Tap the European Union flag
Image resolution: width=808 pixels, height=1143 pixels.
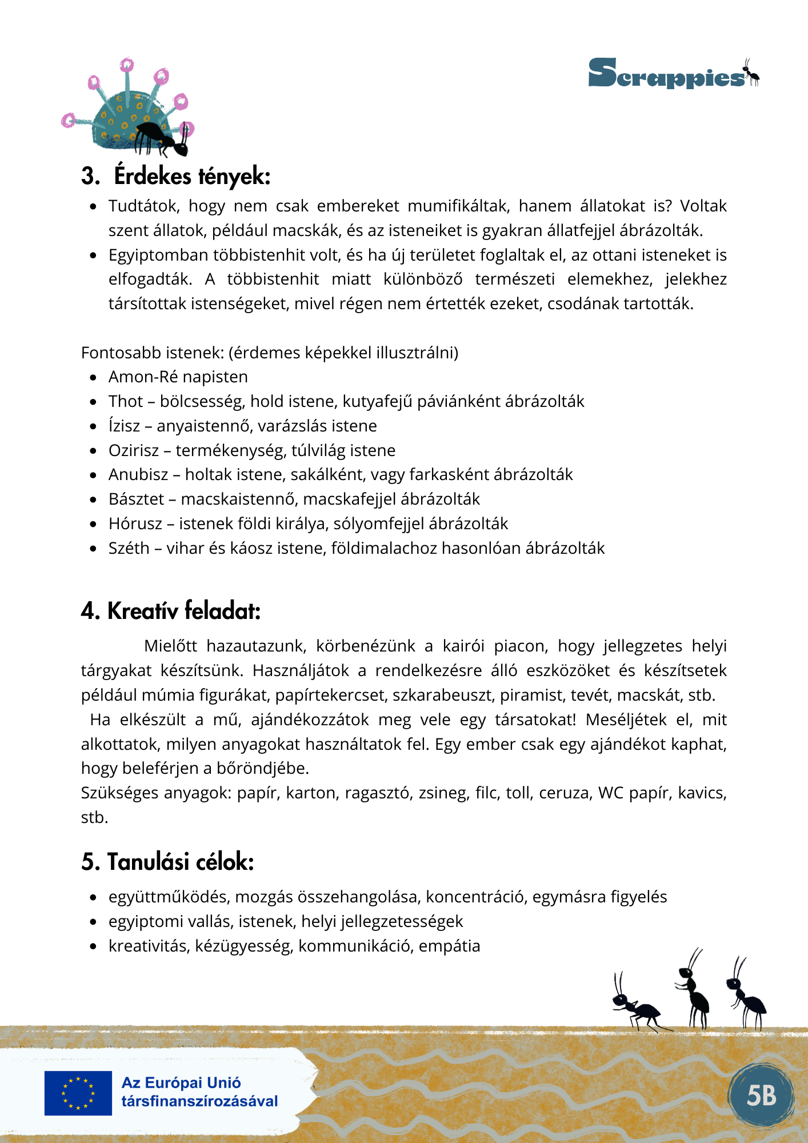click(x=78, y=1093)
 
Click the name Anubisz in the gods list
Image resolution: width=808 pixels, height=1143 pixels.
click(x=138, y=474)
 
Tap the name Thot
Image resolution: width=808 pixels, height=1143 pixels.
click(x=126, y=401)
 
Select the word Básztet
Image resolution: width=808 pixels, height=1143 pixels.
click(x=137, y=499)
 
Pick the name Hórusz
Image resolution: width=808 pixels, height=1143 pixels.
click(x=135, y=523)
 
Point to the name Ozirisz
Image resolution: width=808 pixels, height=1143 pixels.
click(x=134, y=450)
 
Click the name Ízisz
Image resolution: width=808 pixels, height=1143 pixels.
click(x=124, y=426)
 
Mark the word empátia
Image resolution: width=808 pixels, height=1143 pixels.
click(x=449, y=946)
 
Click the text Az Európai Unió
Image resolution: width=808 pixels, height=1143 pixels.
click(x=181, y=1083)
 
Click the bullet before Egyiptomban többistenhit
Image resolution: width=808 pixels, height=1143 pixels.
click(x=93, y=255)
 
